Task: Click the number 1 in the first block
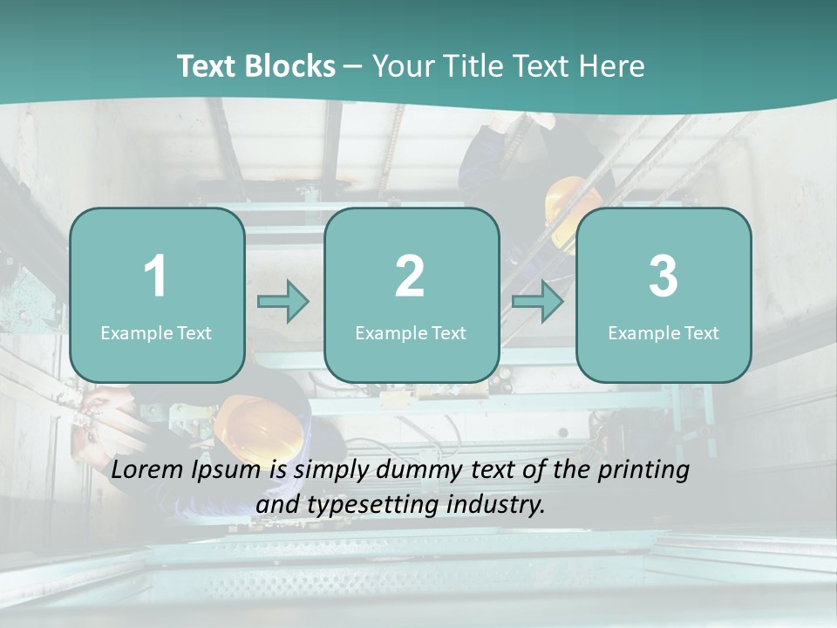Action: (x=155, y=276)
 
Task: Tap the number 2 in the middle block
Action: (x=410, y=276)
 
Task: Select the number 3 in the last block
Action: (x=663, y=276)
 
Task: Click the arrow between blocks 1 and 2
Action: (x=283, y=302)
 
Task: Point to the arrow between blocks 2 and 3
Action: (x=538, y=302)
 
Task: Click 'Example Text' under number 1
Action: (x=156, y=332)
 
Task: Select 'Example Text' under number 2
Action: (x=411, y=332)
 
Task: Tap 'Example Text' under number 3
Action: (x=663, y=332)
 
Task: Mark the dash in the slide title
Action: (x=353, y=67)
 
